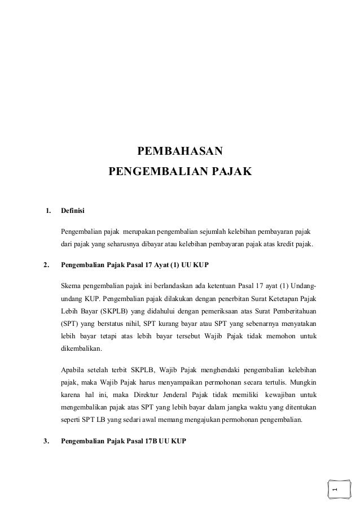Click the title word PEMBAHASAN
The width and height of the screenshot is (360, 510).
click(x=180, y=151)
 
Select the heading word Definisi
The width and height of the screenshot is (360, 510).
click(x=73, y=211)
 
